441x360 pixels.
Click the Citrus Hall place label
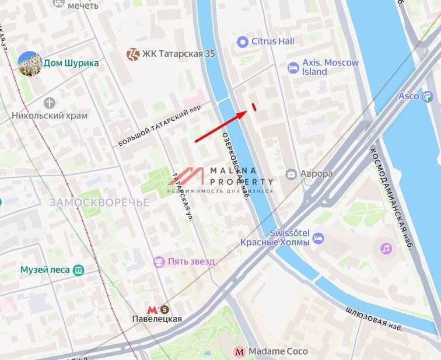272,41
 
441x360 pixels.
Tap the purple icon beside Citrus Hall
243,41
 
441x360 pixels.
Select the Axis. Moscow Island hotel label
322,67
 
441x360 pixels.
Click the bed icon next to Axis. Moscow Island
293,68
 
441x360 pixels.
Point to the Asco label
408,96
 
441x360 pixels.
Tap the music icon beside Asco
428,96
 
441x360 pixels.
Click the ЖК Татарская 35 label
178,54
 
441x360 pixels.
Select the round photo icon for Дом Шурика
29,64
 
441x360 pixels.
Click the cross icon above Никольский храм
50,103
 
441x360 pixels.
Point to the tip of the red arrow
246,112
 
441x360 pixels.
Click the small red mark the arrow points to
254,106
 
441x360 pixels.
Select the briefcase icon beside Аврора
290,174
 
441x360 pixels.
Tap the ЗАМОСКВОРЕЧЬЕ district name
99,202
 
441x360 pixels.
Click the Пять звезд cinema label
183,261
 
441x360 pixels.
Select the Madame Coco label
278,351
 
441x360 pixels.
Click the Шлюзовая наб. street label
373,320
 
